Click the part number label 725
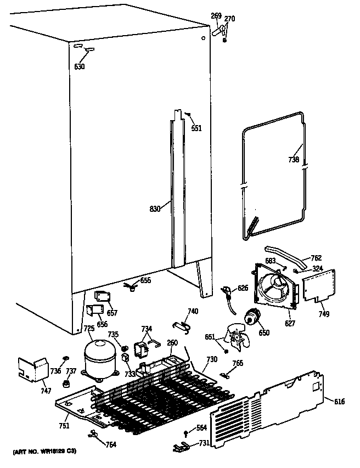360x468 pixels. (88, 329)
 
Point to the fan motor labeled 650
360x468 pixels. (253, 317)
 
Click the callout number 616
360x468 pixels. (339, 402)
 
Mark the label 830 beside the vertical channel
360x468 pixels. (155, 208)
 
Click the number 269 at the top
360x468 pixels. (216, 16)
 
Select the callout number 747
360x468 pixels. (46, 391)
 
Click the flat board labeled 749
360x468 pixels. (319, 286)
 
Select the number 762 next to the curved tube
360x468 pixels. (317, 258)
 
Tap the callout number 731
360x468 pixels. (203, 443)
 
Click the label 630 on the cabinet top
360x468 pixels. (80, 66)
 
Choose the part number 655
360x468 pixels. (145, 280)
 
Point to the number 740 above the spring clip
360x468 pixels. (193, 311)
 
